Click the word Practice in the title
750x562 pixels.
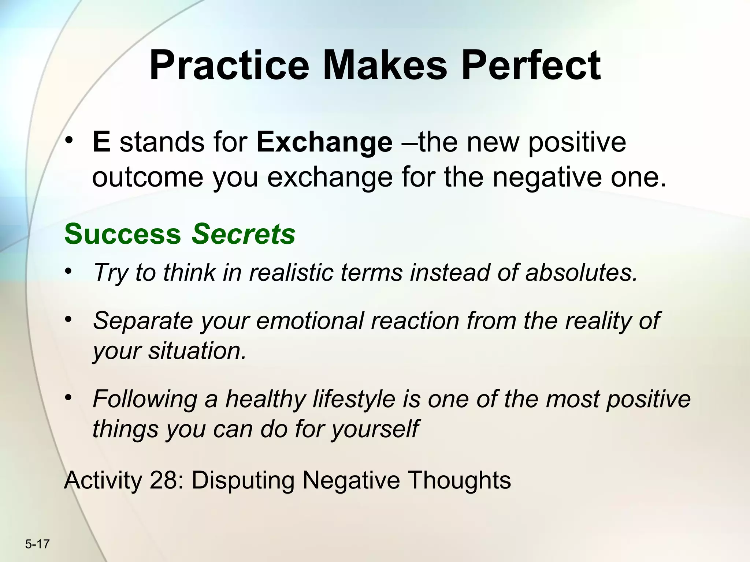229,67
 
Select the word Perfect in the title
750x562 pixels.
531,67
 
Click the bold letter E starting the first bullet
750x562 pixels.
101,142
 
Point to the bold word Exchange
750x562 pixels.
324,143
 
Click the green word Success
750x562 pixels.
123,234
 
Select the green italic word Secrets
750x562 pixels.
244,234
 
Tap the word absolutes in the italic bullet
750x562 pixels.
582,273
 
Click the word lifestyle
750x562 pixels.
354,399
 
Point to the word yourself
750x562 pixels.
375,429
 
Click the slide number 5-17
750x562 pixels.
37,544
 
